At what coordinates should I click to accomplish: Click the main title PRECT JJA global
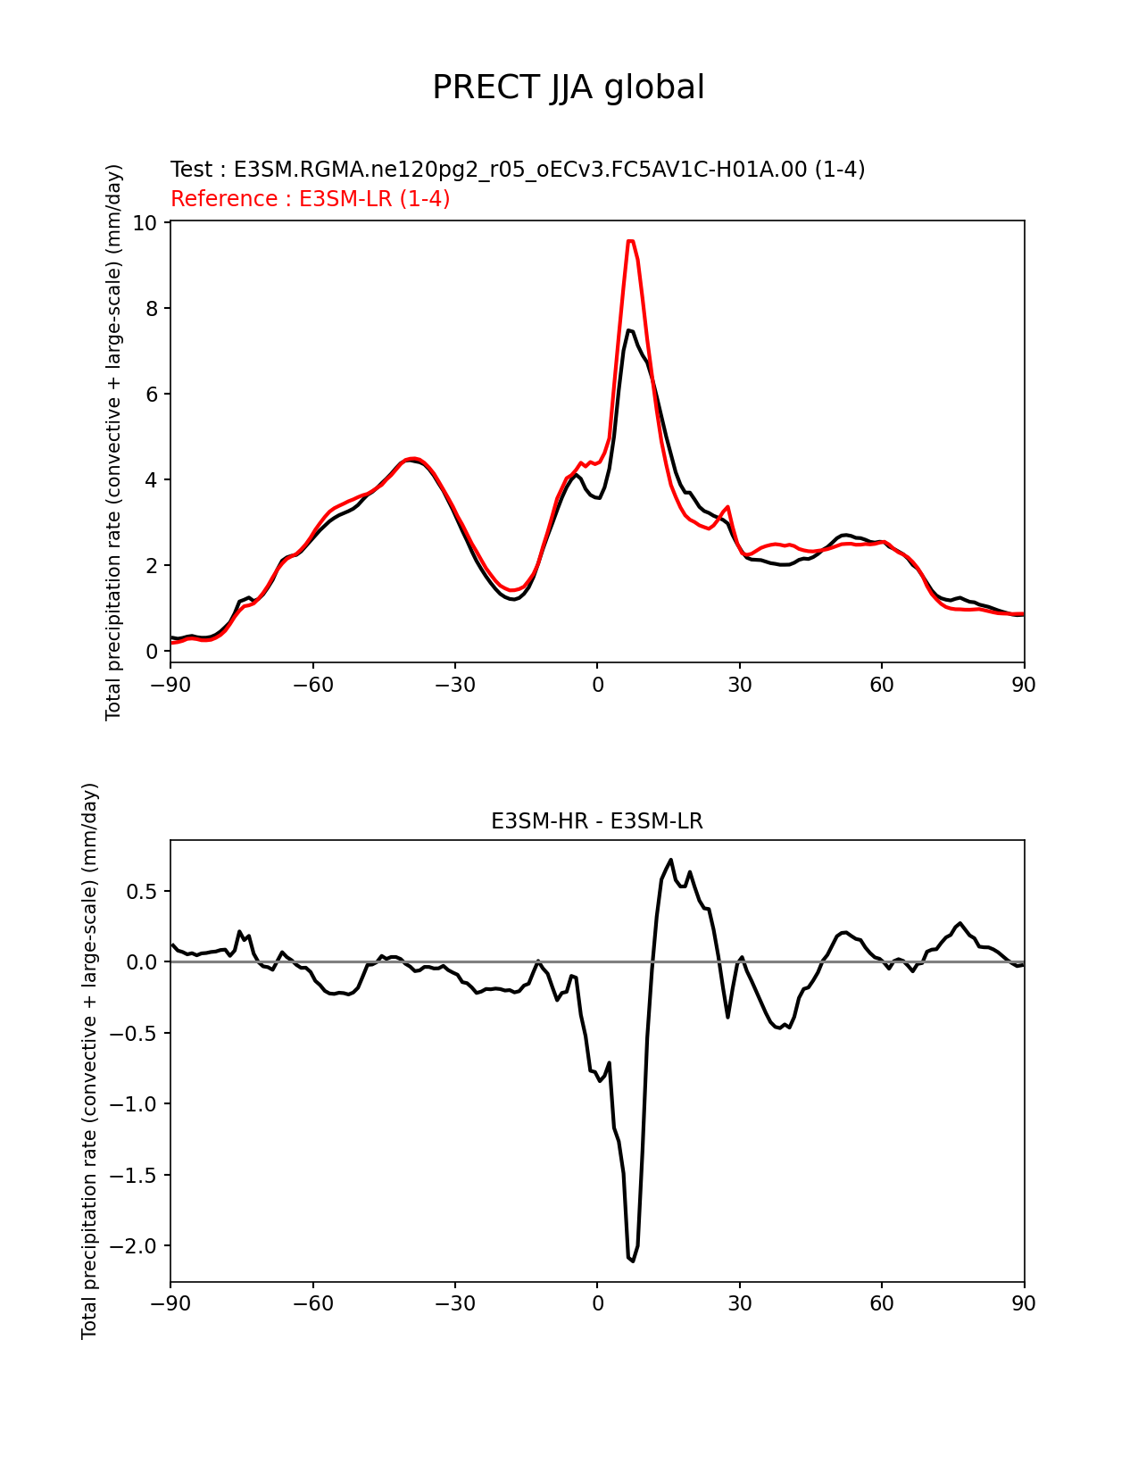[569, 87]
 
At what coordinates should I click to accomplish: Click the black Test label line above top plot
[518, 170]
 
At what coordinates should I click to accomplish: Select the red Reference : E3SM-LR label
[310, 199]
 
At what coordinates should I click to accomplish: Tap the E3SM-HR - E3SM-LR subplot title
[597, 821]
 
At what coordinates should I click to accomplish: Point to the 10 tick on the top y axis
[145, 222]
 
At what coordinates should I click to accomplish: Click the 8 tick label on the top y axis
[152, 308]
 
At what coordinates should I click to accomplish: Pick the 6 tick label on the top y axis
[152, 394]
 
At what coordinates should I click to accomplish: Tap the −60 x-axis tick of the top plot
[312, 685]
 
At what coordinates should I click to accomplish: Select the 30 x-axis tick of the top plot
[739, 685]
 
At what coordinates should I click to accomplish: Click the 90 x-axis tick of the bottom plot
[1024, 1304]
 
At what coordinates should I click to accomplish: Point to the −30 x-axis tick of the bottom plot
[454, 1304]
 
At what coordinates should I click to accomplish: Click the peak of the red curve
[630, 240]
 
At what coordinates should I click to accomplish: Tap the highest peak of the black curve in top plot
[629, 330]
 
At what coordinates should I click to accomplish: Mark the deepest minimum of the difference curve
[632, 1261]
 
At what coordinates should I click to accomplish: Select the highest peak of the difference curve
[670, 860]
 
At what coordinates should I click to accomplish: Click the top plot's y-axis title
[113, 442]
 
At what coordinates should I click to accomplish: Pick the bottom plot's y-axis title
[89, 1061]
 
